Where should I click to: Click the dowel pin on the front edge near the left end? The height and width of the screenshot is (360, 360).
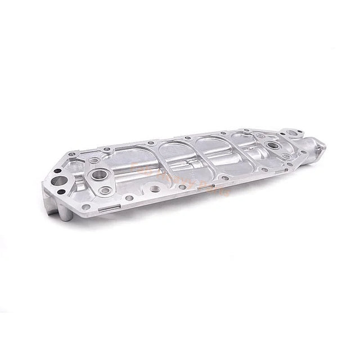[x=111, y=210]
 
